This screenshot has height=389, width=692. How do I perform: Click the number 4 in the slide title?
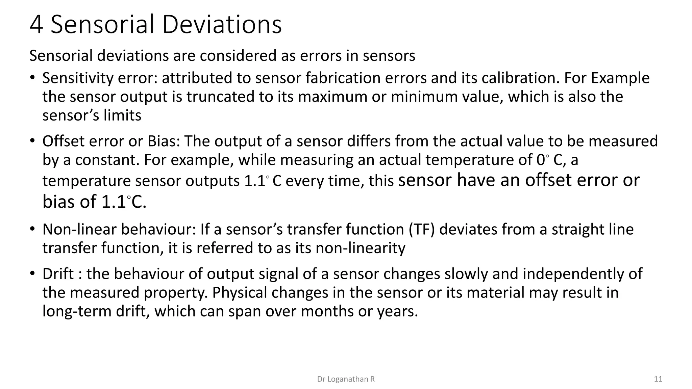(36, 25)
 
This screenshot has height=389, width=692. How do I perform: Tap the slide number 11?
(658, 379)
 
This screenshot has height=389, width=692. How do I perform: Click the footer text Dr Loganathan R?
(346, 379)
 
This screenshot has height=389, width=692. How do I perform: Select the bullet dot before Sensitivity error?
(32, 78)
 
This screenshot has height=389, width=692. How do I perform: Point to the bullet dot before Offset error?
(32, 141)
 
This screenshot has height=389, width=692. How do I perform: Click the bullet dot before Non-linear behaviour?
(32, 229)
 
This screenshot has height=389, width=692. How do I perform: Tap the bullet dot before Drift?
(32, 274)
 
